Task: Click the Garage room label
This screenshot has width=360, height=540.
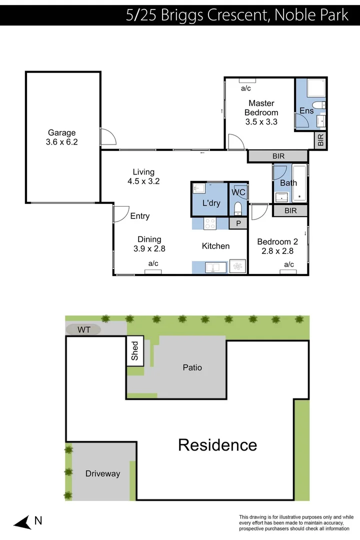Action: [x=62, y=132]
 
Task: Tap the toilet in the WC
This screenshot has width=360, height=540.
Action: [x=238, y=208]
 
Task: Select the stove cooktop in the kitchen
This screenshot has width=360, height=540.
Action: [x=210, y=224]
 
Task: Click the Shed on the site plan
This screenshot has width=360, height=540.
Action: [x=135, y=351]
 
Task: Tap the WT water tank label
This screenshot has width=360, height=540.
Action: [x=83, y=329]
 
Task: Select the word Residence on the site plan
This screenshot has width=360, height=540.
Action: [x=217, y=444]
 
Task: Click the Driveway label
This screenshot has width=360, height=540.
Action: [x=102, y=473]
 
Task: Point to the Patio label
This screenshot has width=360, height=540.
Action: [x=192, y=367]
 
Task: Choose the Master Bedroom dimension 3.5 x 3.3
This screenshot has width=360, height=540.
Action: [x=261, y=121]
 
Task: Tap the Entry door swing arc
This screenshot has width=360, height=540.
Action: [x=120, y=213]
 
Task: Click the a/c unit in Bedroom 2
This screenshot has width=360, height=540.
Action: [x=288, y=272]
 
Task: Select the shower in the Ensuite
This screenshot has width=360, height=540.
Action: [x=316, y=88]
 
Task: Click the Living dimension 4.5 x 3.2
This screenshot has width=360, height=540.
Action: [x=143, y=181]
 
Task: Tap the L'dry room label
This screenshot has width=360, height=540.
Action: [x=211, y=203]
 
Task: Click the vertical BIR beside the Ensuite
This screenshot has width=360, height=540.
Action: [x=320, y=140]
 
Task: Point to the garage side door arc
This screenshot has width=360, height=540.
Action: [x=107, y=136]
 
